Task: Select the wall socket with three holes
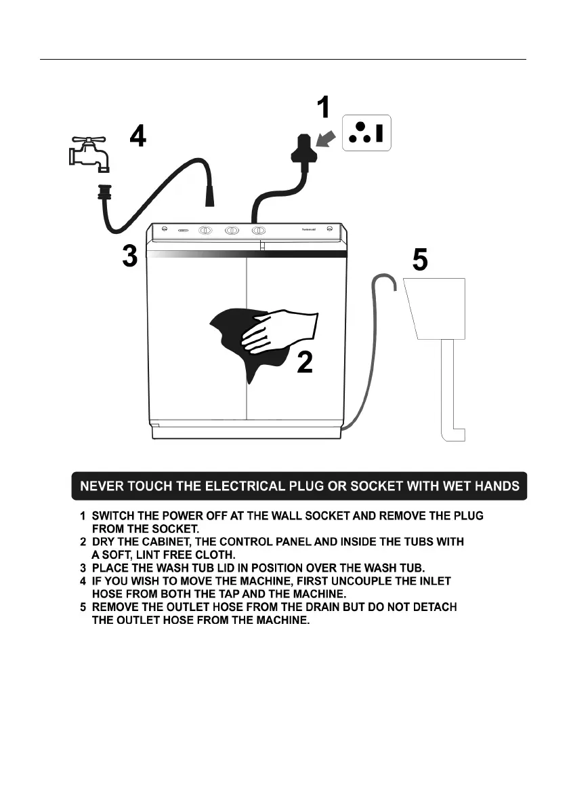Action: coord(366,132)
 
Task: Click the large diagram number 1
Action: coord(324,109)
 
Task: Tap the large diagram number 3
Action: coord(130,257)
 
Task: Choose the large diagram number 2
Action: coord(305,364)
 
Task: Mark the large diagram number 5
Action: coord(420,260)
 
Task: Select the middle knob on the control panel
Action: coord(232,231)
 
